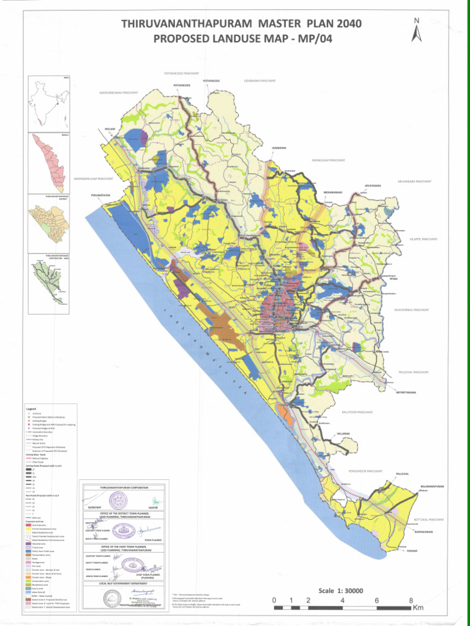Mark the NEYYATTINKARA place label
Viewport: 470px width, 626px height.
point(406,392)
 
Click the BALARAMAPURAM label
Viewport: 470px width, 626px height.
point(432,487)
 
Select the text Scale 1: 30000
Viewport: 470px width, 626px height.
point(337,591)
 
